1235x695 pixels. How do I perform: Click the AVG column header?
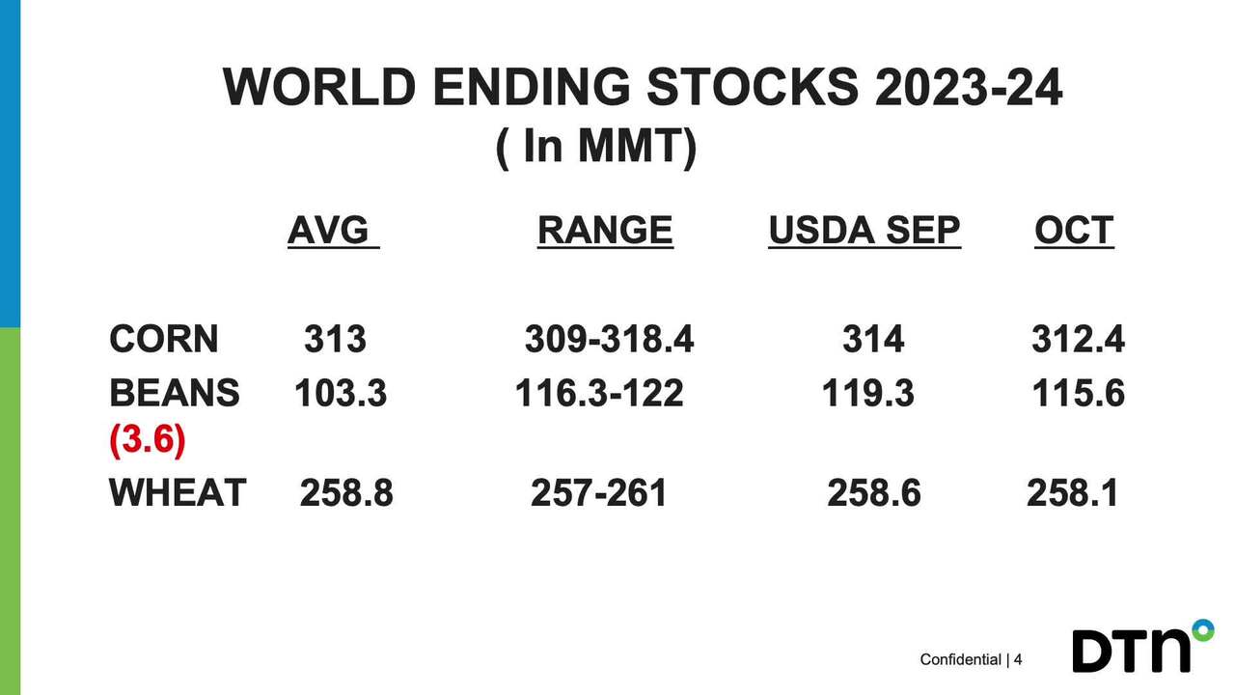click(x=333, y=231)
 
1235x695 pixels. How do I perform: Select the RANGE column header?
click(x=605, y=231)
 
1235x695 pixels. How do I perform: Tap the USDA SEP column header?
click(x=864, y=231)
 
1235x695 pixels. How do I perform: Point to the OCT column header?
click(x=1074, y=231)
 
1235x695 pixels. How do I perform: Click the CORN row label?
click(x=164, y=340)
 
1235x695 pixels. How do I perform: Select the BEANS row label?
click(x=175, y=394)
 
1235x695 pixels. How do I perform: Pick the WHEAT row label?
click(x=178, y=493)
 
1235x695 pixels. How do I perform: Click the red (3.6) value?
click(x=147, y=440)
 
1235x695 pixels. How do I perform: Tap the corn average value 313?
click(x=336, y=340)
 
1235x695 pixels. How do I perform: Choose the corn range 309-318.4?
click(x=609, y=340)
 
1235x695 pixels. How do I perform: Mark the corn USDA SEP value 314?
click(x=873, y=340)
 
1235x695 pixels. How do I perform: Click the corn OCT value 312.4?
click(x=1078, y=340)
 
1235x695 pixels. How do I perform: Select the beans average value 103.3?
click(x=341, y=394)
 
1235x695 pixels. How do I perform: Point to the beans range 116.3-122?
click(x=599, y=394)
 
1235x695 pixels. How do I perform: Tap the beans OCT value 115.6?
click(x=1078, y=394)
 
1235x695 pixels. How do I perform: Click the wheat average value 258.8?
click(x=346, y=493)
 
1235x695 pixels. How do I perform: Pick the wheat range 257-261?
click(x=598, y=493)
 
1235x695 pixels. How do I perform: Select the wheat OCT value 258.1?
click(x=1072, y=493)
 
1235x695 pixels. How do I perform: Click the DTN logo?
click(x=1141, y=648)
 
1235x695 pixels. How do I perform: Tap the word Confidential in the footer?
click(x=960, y=660)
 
